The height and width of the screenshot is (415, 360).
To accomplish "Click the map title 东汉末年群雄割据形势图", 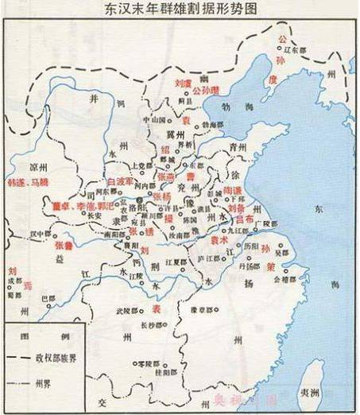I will coord(180,10).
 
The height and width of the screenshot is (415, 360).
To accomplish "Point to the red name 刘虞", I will coord(183,82).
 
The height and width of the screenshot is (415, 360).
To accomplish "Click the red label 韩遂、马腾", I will coord(27,182).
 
